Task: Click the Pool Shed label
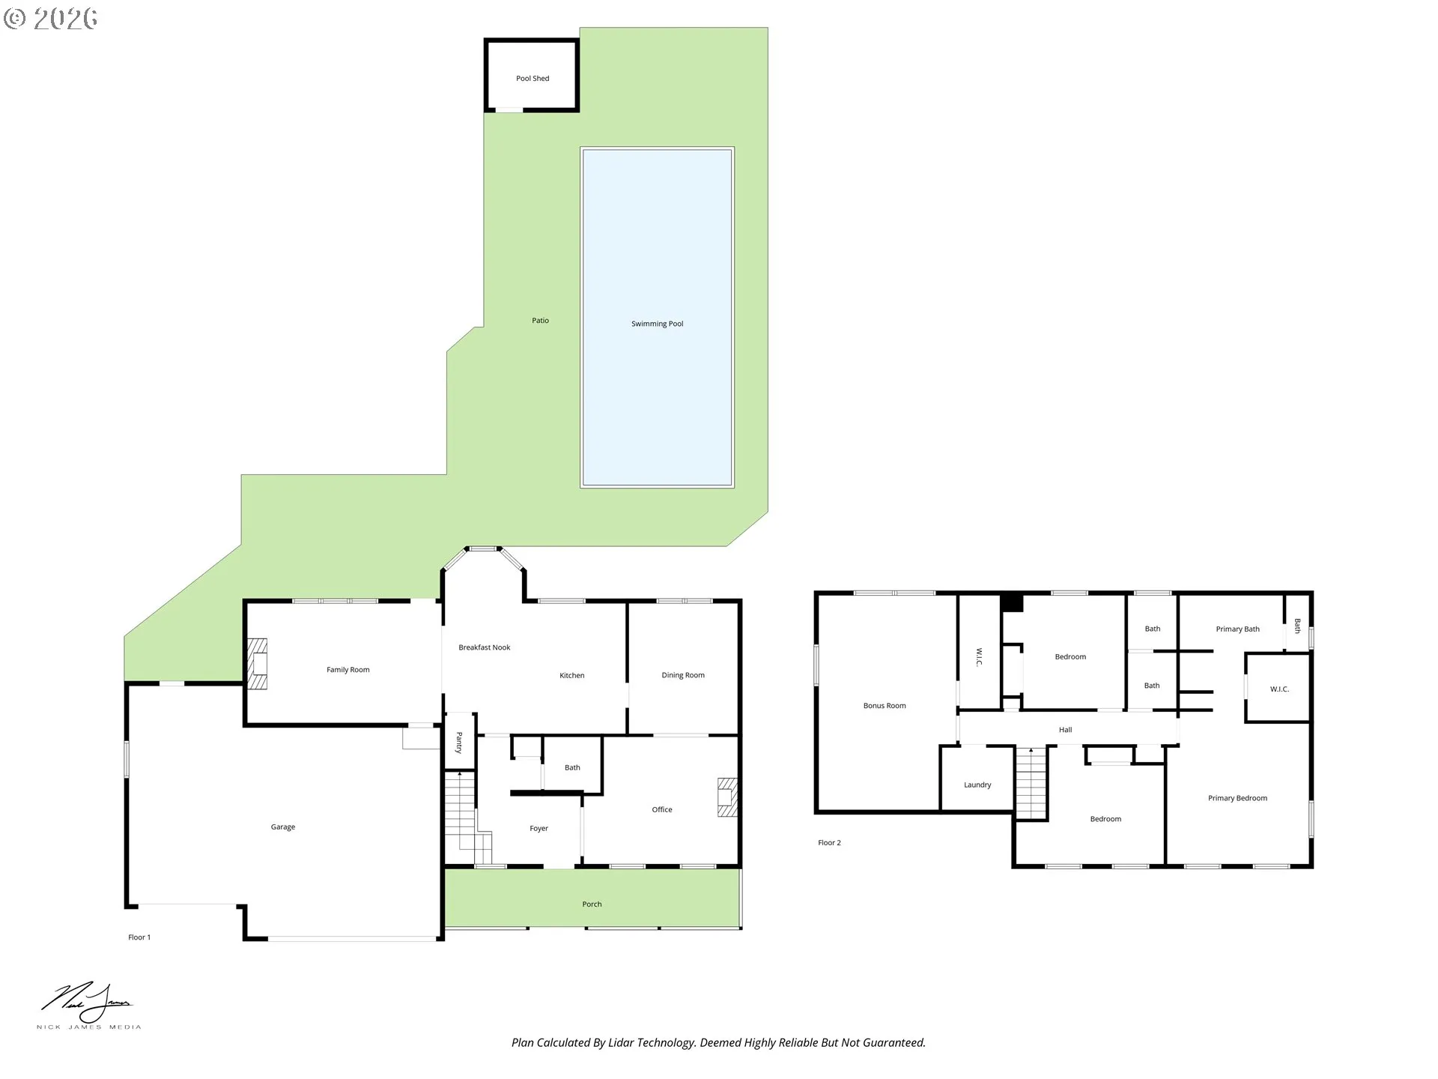click(x=533, y=79)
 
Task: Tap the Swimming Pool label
click(x=657, y=324)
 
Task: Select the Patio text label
click(x=540, y=321)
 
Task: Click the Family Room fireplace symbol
click(x=257, y=664)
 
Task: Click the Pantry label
click(x=459, y=743)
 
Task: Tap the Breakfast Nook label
click(x=484, y=647)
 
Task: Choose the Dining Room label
click(x=682, y=675)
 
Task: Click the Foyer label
click(x=539, y=829)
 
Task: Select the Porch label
click(x=592, y=904)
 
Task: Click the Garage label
click(x=282, y=827)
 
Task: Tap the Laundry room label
click(x=977, y=785)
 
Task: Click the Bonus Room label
click(x=884, y=706)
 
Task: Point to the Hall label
click(x=1065, y=730)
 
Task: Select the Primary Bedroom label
click(x=1237, y=799)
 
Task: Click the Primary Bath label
click(x=1237, y=629)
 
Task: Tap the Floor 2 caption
click(x=829, y=843)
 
